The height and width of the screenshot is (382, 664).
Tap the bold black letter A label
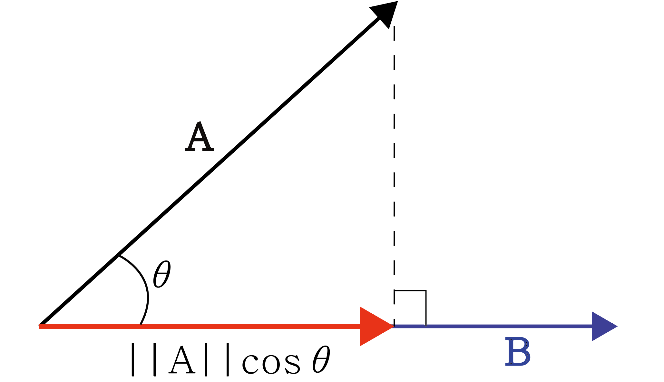tap(199, 137)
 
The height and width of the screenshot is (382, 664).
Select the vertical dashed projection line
tap(394, 161)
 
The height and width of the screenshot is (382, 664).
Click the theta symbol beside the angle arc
tap(161, 274)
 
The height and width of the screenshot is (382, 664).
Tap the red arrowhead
tap(374, 326)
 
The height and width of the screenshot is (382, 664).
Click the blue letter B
tap(517, 352)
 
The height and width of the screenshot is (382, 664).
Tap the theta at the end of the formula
tap(321, 359)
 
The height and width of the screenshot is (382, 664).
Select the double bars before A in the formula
tap(144, 360)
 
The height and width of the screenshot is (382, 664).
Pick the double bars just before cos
tap(217, 360)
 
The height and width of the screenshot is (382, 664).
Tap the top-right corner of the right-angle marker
tap(426, 291)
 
